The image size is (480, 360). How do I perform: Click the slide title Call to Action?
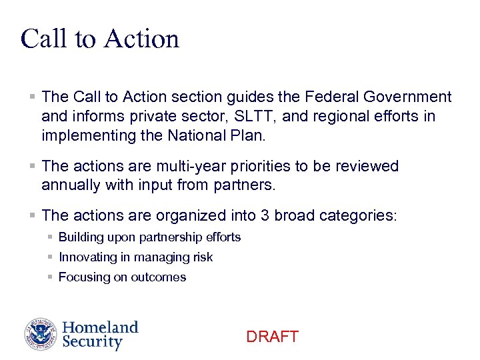pos(100,39)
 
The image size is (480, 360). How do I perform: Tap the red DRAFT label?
pos(272,337)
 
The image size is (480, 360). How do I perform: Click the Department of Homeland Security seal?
pos(41,335)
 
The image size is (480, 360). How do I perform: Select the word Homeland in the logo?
pos(100,327)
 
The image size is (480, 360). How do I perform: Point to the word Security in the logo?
pos(92,343)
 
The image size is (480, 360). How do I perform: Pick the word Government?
pos(408,97)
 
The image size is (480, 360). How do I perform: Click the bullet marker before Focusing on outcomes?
pos(51,277)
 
